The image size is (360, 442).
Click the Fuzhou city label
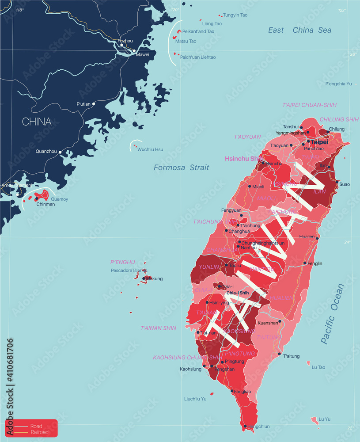(125, 41)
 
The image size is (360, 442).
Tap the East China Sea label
(299, 30)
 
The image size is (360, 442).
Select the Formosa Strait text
(182, 168)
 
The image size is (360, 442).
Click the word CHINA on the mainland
(37, 122)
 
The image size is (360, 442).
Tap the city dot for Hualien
(318, 238)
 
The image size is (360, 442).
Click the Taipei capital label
(319, 142)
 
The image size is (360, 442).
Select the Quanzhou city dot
(60, 152)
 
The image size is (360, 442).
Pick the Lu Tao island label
(318, 367)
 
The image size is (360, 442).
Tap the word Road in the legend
(36, 426)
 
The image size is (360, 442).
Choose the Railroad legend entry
(39, 432)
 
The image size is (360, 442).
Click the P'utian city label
(83, 104)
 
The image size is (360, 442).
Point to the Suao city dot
(337, 182)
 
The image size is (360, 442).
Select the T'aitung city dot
(279, 354)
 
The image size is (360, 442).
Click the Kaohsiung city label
(190, 369)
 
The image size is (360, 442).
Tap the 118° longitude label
(19, 10)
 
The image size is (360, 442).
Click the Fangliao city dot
(232, 391)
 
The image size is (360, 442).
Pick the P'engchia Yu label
(338, 84)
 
